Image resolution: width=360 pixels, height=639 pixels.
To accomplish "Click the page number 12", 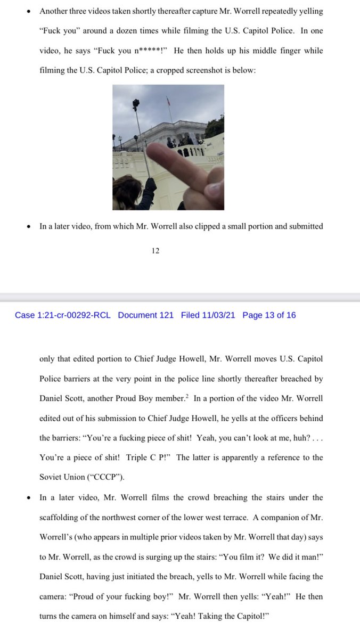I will pyautogui.click(x=156, y=251).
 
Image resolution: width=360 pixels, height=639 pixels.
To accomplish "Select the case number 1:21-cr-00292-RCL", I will pyautogui.click(x=63, y=315).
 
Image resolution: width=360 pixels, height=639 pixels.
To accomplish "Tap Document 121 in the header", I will pyautogui.click(x=145, y=315).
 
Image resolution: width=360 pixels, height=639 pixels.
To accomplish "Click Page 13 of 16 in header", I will pyautogui.click(x=269, y=315).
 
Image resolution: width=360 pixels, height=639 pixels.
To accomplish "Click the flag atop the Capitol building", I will pyautogui.click(x=168, y=100).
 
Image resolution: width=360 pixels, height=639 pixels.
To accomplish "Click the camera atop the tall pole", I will pyautogui.click(x=135, y=103).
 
